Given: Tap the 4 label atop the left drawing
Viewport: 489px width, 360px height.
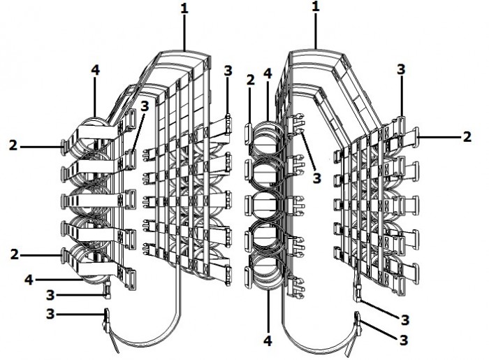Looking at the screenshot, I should [x=96, y=71].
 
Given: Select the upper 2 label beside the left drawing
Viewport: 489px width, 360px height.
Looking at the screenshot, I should [x=13, y=145].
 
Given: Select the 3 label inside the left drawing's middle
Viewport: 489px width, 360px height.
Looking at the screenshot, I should [x=144, y=106].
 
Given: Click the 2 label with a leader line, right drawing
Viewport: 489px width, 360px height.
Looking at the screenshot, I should [x=467, y=137].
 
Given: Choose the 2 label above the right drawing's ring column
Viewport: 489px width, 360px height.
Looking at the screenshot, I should [x=249, y=81].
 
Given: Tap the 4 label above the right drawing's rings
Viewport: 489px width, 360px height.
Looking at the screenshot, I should [x=268, y=73].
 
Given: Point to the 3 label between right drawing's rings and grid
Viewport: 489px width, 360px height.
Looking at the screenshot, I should [x=316, y=178].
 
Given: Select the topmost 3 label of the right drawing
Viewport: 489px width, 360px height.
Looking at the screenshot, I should [x=401, y=70].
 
